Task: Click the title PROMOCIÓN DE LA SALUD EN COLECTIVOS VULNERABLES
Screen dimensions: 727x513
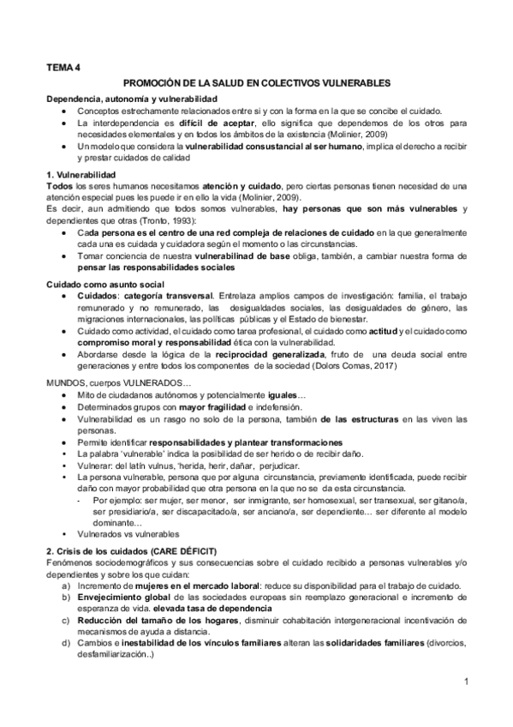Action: coord(256,83)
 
